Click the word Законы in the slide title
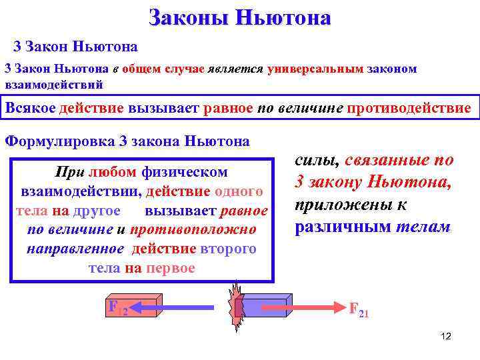[x=187, y=17]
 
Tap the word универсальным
[x=317, y=69]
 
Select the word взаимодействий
[x=54, y=85]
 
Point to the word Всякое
[x=30, y=108]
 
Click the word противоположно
[x=193, y=230]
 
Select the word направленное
[x=75, y=249]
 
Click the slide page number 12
[x=446, y=336]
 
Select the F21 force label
[x=359, y=309]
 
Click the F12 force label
[x=118, y=309]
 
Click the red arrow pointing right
[x=300, y=307]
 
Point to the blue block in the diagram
[x=264, y=307]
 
